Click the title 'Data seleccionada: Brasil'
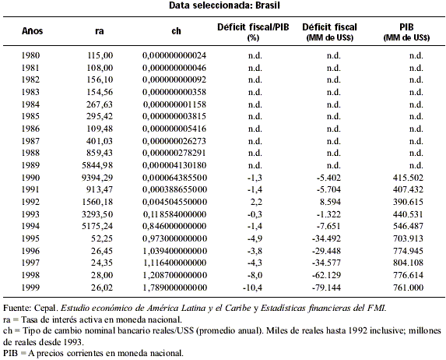224,5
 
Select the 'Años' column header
32,30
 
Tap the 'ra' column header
100,31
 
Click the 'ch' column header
177,30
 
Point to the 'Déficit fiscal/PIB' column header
253,27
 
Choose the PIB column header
406,27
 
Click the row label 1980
30,55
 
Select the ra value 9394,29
97,178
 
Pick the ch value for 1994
174,226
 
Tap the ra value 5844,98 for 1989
97,165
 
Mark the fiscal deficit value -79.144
326,288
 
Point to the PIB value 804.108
408,263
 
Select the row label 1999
30,288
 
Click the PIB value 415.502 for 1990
408,178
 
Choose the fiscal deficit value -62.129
326,275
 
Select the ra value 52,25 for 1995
102,238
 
